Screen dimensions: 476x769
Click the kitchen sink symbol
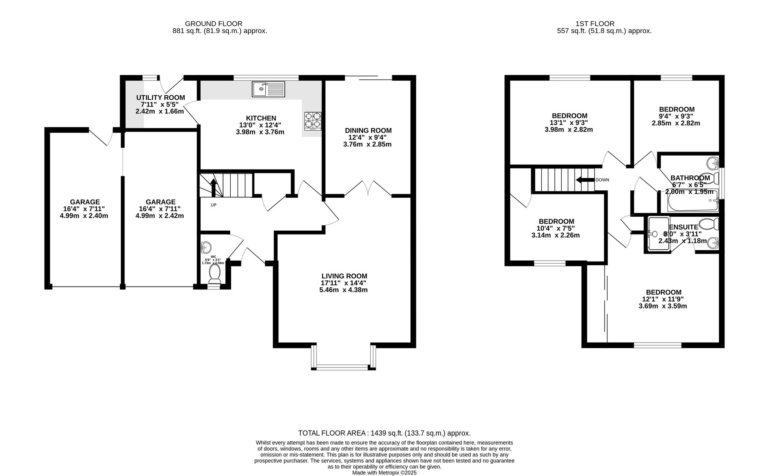[x=268, y=89]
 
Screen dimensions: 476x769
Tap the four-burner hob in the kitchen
[x=313, y=120]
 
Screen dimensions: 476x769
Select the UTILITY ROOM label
[x=161, y=98]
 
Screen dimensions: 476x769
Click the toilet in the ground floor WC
[x=215, y=275]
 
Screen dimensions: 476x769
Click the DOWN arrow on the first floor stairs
[x=584, y=180]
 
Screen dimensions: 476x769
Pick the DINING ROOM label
[x=368, y=131]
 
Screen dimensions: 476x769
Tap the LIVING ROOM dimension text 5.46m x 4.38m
[x=343, y=290]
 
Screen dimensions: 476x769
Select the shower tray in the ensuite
[x=658, y=234]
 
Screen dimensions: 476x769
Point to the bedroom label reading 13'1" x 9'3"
[x=569, y=123]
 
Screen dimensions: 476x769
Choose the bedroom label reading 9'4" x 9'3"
[x=676, y=116]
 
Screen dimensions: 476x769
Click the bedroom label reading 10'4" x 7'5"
[x=556, y=228]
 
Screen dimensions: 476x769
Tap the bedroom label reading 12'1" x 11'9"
[x=663, y=299]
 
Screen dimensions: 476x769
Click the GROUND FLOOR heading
[x=214, y=24]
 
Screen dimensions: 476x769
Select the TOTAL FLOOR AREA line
[x=384, y=433]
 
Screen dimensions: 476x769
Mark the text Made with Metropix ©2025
[x=384, y=473]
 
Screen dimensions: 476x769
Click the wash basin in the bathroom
[x=713, y=163]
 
